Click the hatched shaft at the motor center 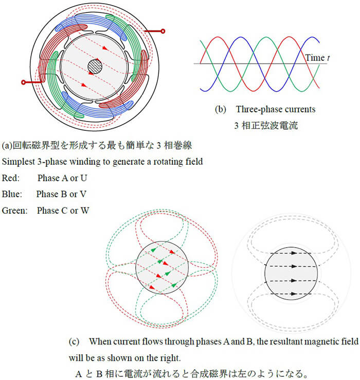(95, 66)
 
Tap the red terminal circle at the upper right (163, 31)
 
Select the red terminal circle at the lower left (23, 82)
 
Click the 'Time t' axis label (317, 58)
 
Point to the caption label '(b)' (220, 109)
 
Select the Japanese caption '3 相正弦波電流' (266, 126)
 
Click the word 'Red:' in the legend (11, 178)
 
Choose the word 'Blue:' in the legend (12, 194)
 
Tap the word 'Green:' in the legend (14, 211)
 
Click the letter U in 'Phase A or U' (83, 178)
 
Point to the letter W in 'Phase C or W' (85, 211)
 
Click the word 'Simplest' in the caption (19, 162)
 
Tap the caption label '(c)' (74, 342)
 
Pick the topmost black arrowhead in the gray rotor (294, 253)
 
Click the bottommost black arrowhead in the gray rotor (294, 293)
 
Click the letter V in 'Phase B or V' (83, 194)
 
